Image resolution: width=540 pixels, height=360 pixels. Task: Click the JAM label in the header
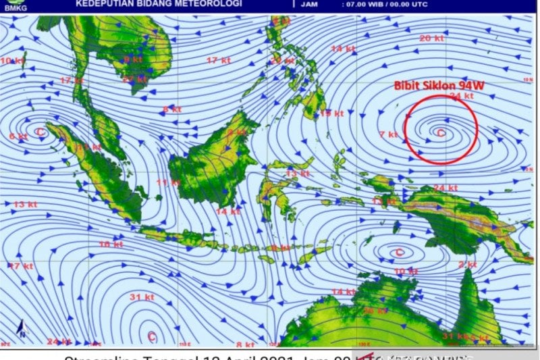click(x=310, y=4)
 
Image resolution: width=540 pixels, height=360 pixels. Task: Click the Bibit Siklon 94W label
click(x=439, y=86)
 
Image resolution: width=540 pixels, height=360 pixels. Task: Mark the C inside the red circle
click(x=441, y=132)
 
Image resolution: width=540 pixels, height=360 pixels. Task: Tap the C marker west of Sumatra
click(x=40, y=131)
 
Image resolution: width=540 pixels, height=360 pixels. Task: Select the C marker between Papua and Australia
click(x=399, y=253)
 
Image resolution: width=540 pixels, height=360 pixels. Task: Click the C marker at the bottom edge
click(x=151, y=336)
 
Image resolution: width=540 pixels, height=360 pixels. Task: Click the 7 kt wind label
click(x=387, y=134)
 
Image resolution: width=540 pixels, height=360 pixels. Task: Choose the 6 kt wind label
click(x=18, y=136)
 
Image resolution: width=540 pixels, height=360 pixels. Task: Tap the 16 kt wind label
click(x=110, y=244)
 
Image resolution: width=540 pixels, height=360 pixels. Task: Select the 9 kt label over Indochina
click(x=132, y=59)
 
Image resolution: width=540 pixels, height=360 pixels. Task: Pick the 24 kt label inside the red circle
click(x=462, y=97)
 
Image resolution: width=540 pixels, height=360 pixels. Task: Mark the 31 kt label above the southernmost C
click(x=142, y=297)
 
